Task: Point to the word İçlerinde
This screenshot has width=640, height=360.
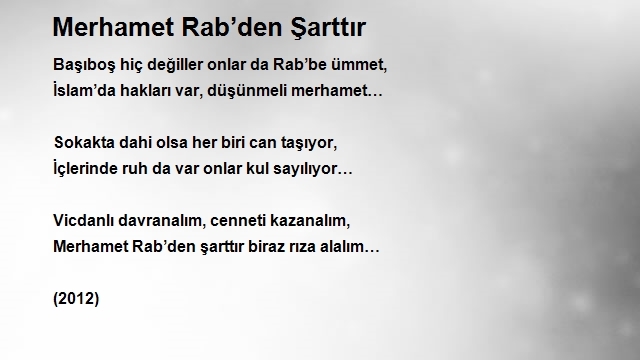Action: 85,168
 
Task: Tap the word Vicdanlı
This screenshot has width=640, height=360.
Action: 83,220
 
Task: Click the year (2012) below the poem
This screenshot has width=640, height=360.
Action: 76,299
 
